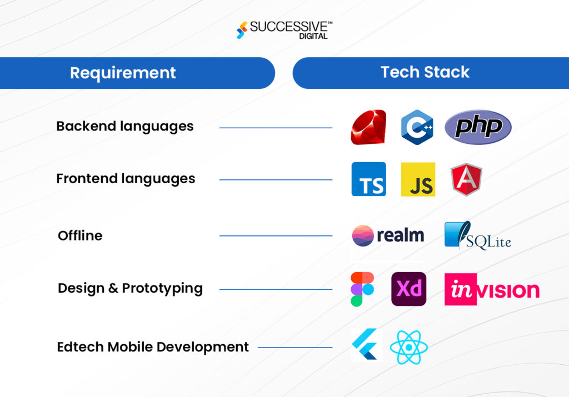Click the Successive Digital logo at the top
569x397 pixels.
[x=284, y=30]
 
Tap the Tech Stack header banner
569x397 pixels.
[x=425, y=72]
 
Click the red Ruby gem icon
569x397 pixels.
[x=368, y=127]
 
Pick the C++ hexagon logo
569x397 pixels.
[x=417, y=127]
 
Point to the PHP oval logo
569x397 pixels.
[x=478, y=127]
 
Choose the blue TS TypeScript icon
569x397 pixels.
[x=368, y=179]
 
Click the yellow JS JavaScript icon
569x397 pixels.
[x=418, y=179]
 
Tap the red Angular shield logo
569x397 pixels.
[x=467, y=179]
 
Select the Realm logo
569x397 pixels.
[x=388, y=235]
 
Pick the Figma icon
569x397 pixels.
[x=362, y=289]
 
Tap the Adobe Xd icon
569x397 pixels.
[x=408, y=289]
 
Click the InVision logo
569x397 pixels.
[x=492, y=289]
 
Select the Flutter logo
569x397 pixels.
[x=366, y=345]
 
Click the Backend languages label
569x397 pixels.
[x=125, y=126]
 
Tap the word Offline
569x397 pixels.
[x=80, y=235]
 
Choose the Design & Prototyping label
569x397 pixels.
[x=130, y=288]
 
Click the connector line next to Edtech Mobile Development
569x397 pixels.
[x=295, y=348]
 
